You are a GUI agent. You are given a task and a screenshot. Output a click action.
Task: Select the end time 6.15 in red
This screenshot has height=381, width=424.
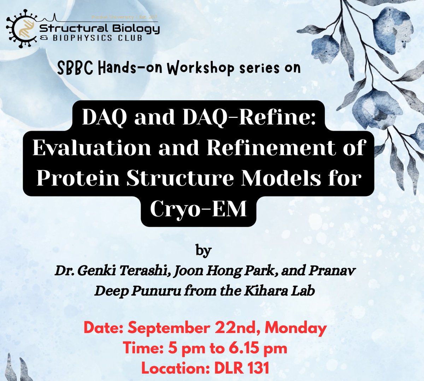tap(243, 348)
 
